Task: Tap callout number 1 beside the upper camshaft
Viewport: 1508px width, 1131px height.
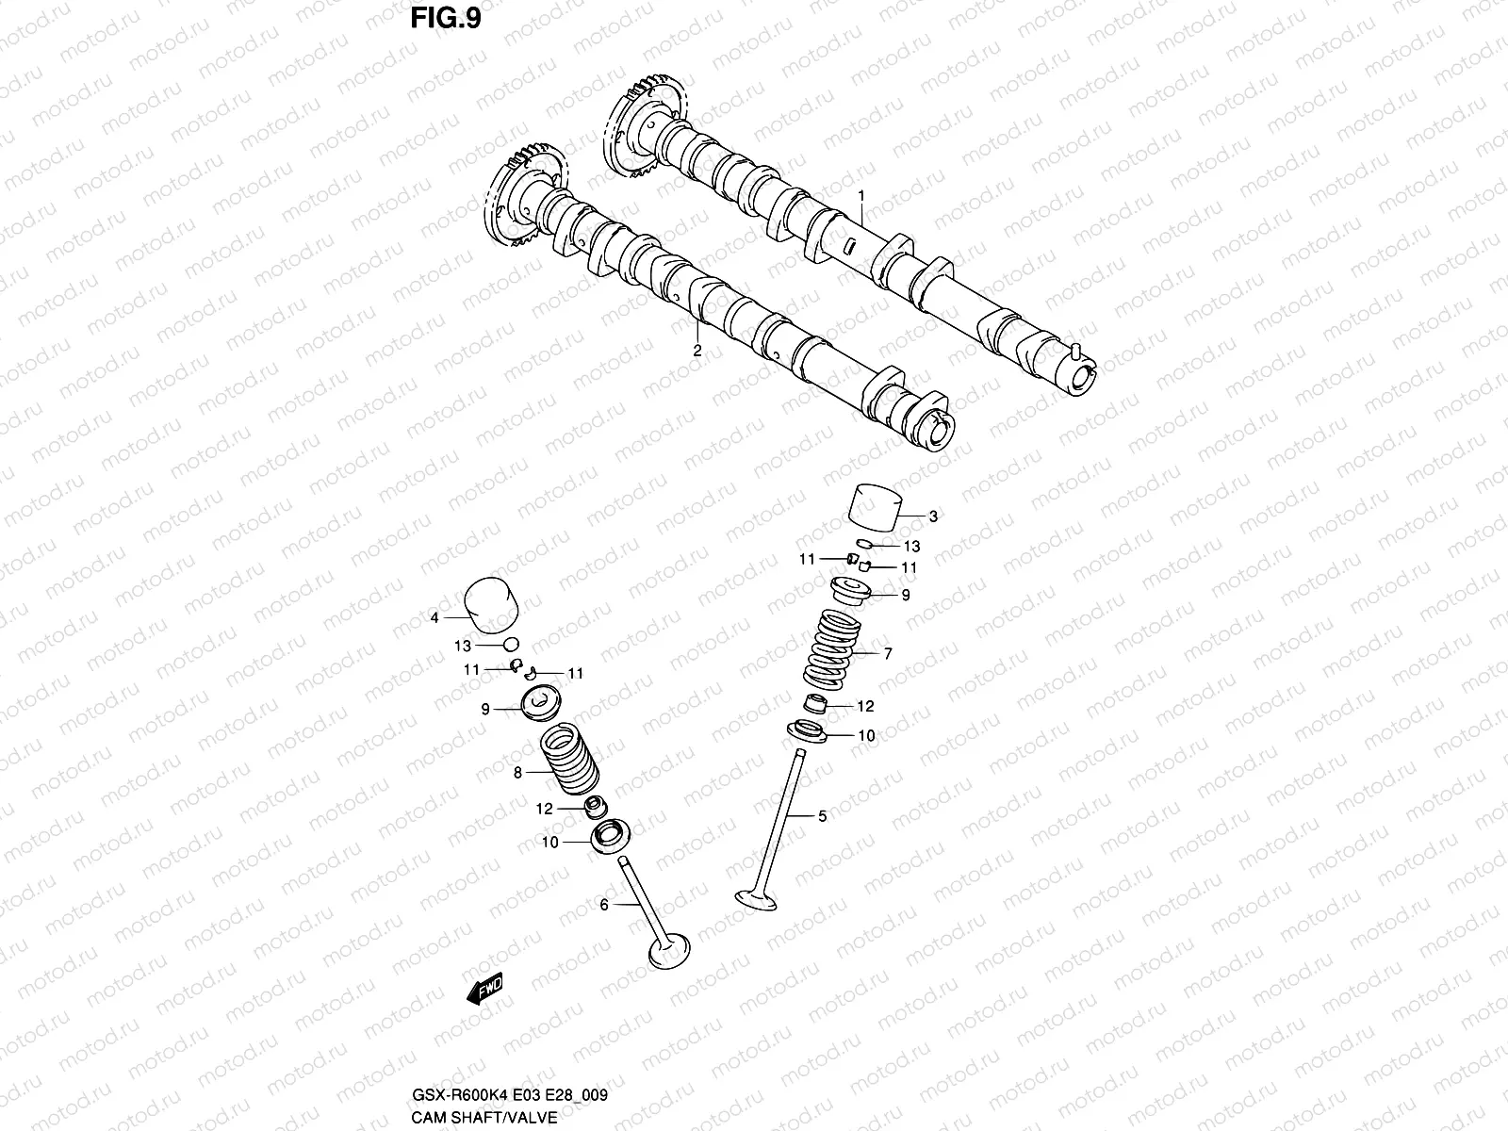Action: [861, 195]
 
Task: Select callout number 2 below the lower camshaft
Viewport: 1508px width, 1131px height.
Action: [697, 350]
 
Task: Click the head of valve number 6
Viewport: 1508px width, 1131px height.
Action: [670, 949]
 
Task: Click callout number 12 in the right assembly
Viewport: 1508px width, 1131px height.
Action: [865, 706]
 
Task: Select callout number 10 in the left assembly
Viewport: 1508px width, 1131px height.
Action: [549, 842]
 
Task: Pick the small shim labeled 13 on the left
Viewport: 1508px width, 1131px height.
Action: [512, 644]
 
